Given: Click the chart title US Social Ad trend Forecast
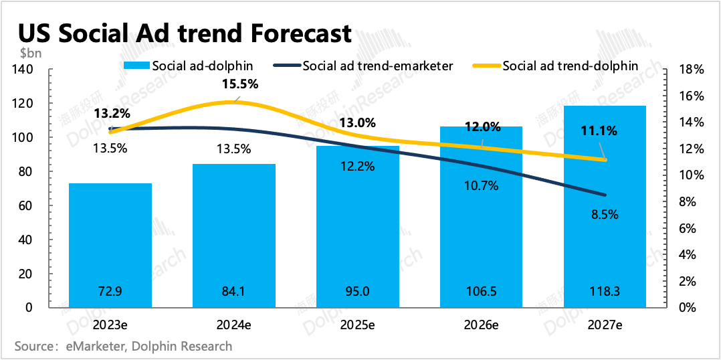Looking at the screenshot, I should (184, 33).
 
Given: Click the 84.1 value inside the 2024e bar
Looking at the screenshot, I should (233, 292).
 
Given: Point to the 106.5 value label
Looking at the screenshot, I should (481, 292).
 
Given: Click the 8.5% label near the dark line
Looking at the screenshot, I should (605, 215).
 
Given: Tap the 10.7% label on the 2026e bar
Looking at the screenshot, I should (481, 186).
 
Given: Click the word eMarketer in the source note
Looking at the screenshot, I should (94, 346).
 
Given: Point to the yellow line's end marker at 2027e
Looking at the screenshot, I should (605, 160).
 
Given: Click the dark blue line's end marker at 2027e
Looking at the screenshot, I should (605, 195).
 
